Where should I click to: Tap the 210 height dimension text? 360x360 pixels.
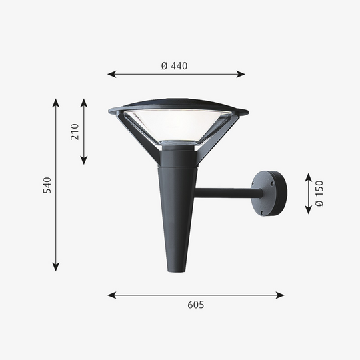click(x=74, y=131)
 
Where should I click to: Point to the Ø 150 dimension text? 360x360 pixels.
click(x=319, y=193)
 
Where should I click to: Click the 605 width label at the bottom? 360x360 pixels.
click(x=195, y=305)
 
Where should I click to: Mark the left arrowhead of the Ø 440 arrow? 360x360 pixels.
click(x=111, y=74)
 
